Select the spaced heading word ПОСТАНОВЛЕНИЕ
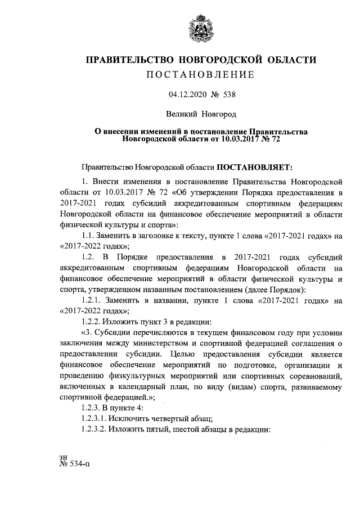click(200, 75)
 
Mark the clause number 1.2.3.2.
click(96, 429)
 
